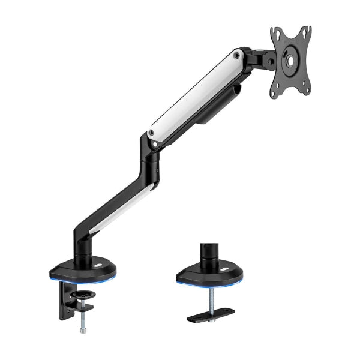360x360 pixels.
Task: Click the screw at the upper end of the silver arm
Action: tap(238, 55)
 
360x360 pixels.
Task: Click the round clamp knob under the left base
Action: tap(83, 296)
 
